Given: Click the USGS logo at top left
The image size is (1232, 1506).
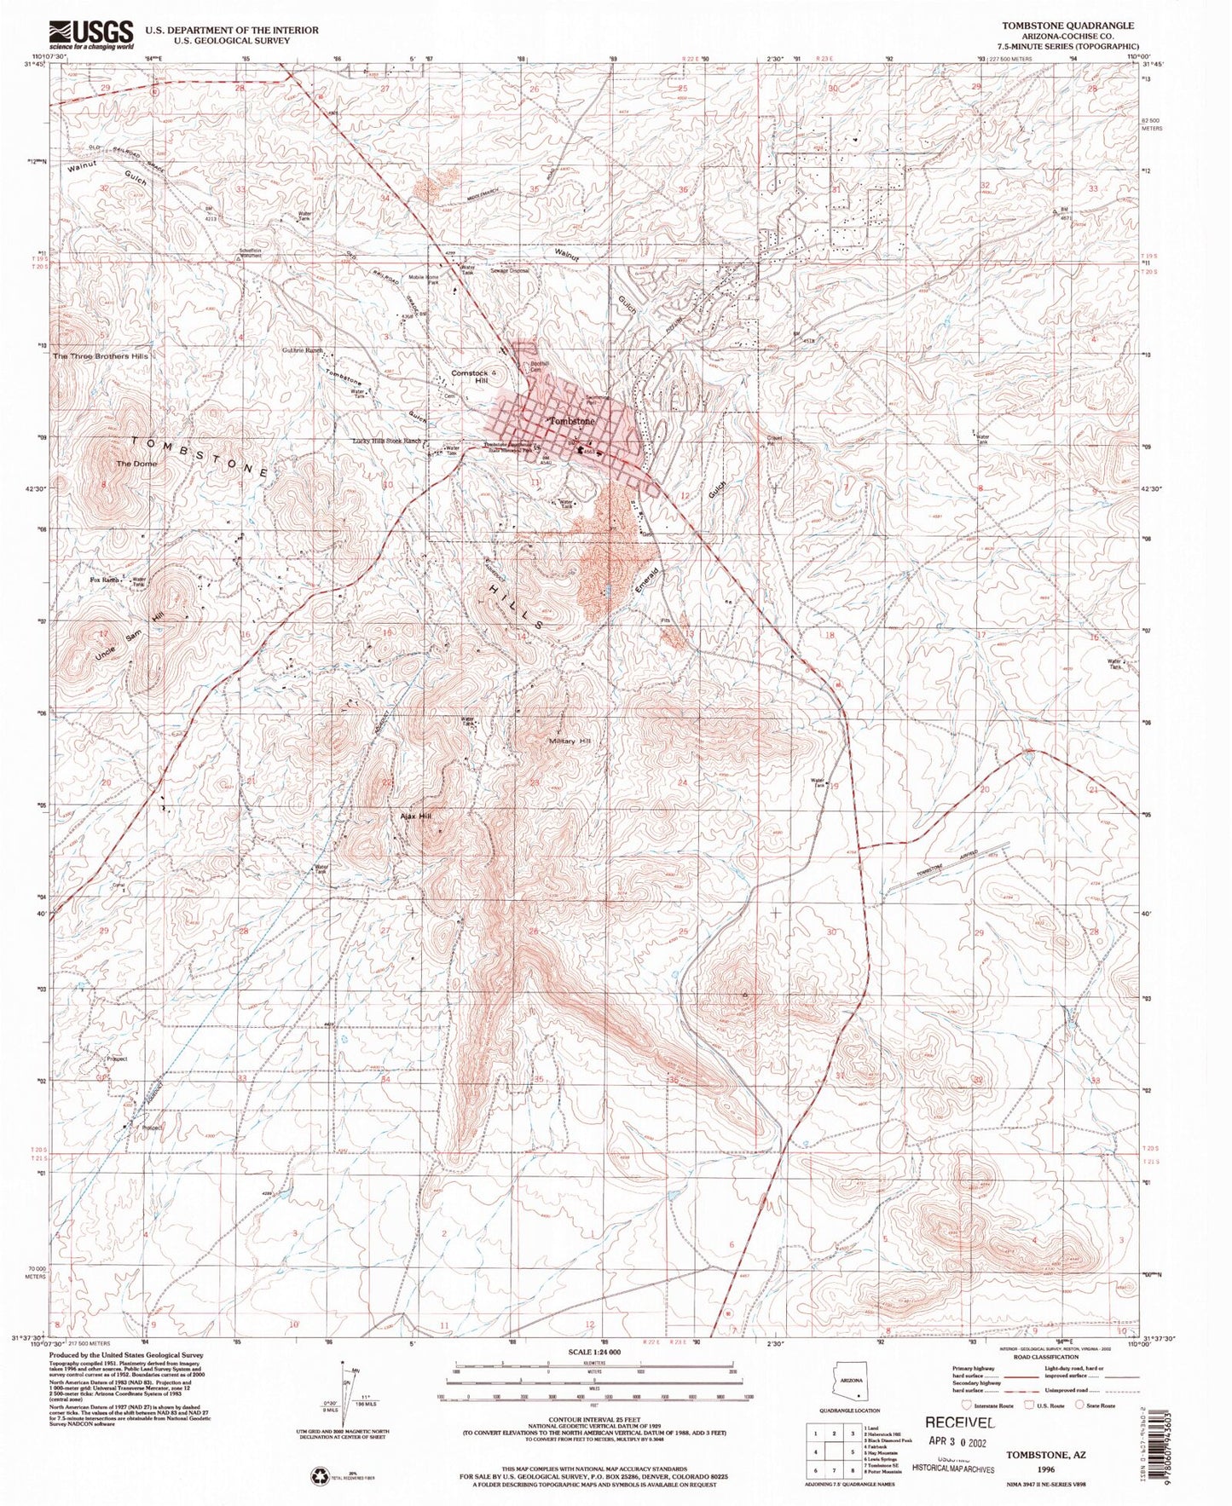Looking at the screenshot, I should pyautogui.click(x=91, y=35).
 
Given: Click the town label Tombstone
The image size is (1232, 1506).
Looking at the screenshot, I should pyautogui.click(x=571, y=421).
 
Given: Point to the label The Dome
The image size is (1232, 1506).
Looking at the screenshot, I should pyautogui.click(x=136, y=464).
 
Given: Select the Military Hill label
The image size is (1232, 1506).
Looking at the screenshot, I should pyautogui.click(x=570, y=741).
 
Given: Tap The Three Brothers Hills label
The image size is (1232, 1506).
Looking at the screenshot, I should pyautogui.click(x=101, y=355).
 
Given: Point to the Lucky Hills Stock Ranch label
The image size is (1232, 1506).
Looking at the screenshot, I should pyautogui.click(x=388, y=441).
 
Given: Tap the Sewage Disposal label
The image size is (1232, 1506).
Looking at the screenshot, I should pyautogui.click(x=509, y=271).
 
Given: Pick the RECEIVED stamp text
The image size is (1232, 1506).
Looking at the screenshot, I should pyautogui.click(x=959, y=1422).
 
